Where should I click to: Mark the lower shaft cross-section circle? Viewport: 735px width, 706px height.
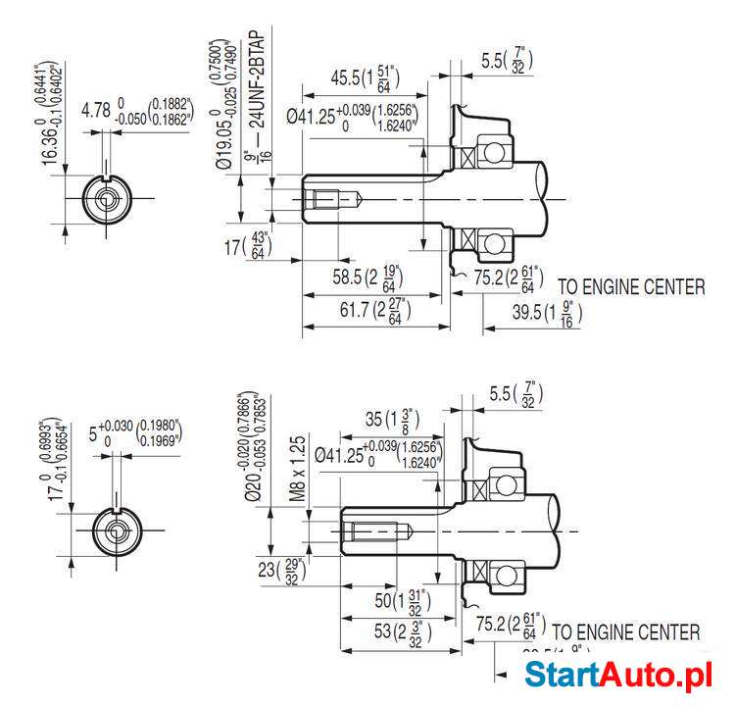pos(117,531)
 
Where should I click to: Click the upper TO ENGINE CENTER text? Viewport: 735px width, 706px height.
pos(630,287)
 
